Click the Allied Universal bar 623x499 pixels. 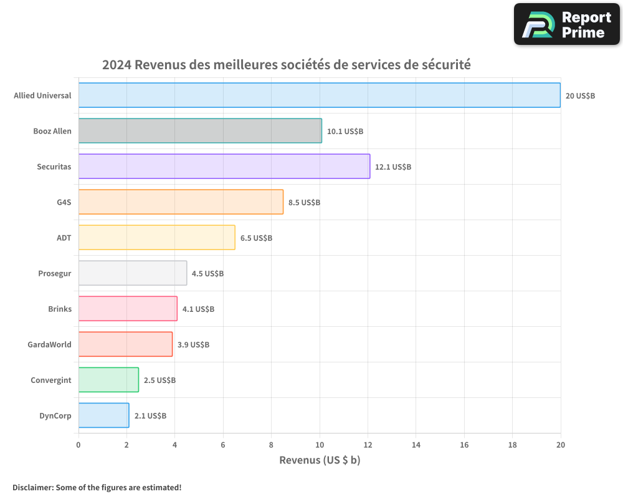(x=319, y=95)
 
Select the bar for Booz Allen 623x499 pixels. (x=200, y=131)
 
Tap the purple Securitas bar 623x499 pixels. (x=224, y=167)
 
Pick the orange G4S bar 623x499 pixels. (x=181, y=202)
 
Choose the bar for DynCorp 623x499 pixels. (x=103, y=415)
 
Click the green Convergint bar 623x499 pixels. (x=108, y=380)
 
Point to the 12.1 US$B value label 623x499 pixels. (x=393, y=167)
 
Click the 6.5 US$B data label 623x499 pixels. (x=256, y=238)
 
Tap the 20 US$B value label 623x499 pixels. (x=580, y=96)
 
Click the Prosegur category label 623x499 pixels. (x=55, y=273)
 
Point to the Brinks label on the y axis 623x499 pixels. (x=60, y=309)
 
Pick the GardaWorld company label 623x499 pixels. (x=49, y=344)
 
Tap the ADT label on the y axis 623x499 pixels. (x=64, y=238)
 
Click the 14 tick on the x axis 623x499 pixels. (x=416, y=445)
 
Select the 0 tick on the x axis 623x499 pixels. (x=78, y=445)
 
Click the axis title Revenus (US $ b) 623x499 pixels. (x=320, y=460)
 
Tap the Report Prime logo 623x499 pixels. (x=567, y=24)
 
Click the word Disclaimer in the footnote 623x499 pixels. (x=32, y=487)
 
